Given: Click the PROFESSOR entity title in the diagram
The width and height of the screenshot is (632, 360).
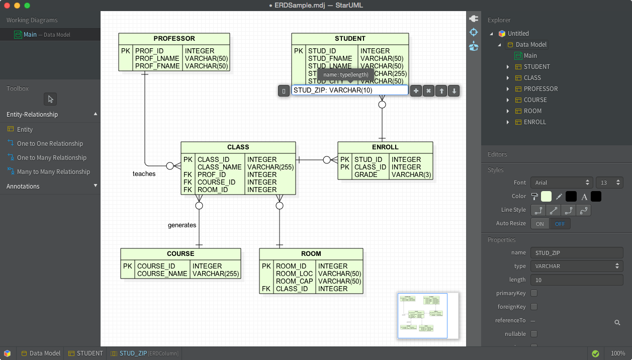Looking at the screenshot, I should [174, 39].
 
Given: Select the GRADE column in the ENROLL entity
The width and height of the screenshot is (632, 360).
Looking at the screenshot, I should [366, 175].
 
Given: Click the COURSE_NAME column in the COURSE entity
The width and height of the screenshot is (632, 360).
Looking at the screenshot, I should [162, 274].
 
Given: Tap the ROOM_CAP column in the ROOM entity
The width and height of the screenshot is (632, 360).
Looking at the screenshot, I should [294, 282].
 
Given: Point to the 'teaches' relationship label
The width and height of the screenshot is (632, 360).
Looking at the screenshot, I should [144, 174].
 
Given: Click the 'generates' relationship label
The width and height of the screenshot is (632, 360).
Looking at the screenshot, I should [182, 225].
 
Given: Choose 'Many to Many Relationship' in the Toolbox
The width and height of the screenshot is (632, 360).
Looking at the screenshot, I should [53, 172].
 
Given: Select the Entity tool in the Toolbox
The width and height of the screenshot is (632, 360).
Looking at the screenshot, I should [25, 130].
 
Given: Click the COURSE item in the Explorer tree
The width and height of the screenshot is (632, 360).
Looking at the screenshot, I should [535, 100].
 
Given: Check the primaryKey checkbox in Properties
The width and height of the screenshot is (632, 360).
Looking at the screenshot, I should [534, 293].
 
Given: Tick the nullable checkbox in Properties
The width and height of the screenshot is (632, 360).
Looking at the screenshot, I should [534, 334].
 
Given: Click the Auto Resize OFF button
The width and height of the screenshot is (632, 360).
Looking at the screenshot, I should [560, 224].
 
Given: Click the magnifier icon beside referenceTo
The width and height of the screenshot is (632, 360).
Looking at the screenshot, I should [617, 323].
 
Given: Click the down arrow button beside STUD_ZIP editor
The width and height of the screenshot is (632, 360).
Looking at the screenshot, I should [454, 91].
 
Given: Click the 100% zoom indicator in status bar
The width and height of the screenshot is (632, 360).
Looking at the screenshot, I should [617, 353].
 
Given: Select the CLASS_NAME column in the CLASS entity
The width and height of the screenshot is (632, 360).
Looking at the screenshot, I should [219, 167].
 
